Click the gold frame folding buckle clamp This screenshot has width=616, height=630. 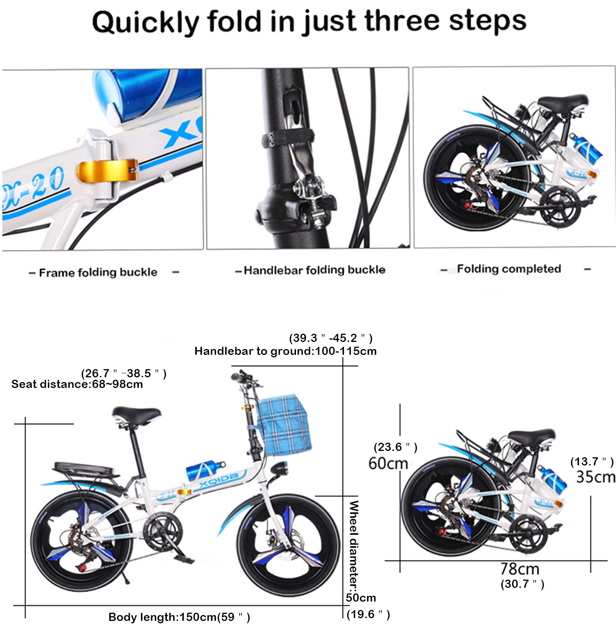pyautogui.click(x=107, y=171)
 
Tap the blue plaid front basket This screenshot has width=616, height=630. pyautogui.click(x=283, y=426)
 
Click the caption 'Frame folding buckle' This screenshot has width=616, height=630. pyautogui.click(x=98, y=272)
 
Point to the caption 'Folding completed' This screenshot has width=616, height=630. pyautogui.click(x=509, y=269)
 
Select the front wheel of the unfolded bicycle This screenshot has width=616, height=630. pyautogui.click(x=289, y=545)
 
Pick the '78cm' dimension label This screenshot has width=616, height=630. pyautogui.click(x=520, y=569)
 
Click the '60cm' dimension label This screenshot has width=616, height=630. pyautogui.click(x=388, y=464)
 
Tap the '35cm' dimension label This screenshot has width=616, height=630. pyautogui.click(x=596, y=477)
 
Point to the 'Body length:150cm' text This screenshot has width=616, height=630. pyautogui.click(x=162, y=617)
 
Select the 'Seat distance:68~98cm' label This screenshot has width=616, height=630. pyautogui.click(x=77, y=384)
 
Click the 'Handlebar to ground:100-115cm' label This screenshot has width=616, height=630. pyautogui.click(x=285, y=351)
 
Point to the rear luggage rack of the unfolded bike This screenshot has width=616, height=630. pyautogui.click(x=86, y=469)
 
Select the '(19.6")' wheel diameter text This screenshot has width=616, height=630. pyautogui.click(x=368, y=615)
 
